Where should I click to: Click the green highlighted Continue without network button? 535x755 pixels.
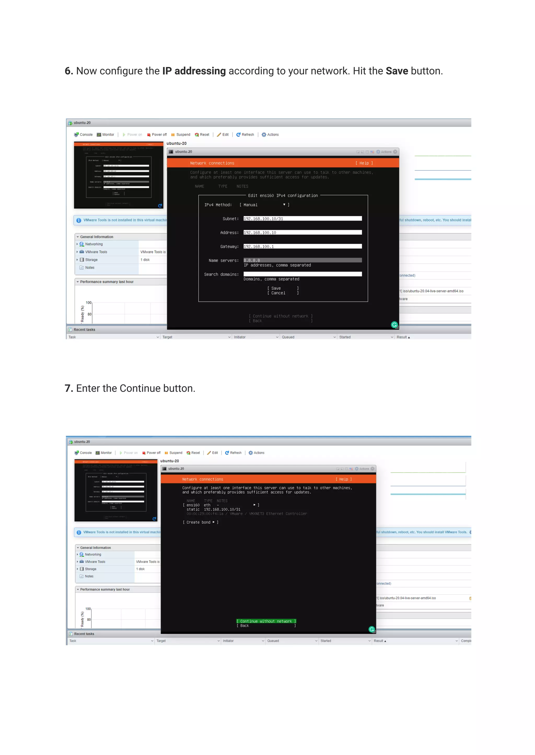[266, 621]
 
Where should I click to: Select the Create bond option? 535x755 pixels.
[200, 522]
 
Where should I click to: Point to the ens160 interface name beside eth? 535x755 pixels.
[193, 505]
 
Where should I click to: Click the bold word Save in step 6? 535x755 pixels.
[397, 71]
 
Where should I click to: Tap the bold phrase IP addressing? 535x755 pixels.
[194, 71]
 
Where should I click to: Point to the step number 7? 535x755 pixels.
[68, 388]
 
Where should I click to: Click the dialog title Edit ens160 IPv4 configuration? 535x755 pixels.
[283, 195]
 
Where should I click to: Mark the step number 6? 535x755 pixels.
[68, 71]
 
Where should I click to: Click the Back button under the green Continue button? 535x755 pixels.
[245, 626]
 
